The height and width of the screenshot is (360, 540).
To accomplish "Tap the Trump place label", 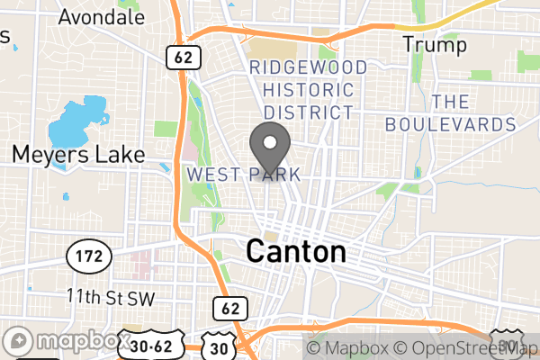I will (x=435, y=44).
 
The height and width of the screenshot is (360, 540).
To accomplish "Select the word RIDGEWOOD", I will (x=309, y=67).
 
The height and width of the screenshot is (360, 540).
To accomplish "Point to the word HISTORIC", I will (x=309, y=90).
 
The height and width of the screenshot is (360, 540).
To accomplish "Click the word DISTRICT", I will (x=309, y=112).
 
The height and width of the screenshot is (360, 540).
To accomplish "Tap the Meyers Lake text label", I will (x=78, y=155).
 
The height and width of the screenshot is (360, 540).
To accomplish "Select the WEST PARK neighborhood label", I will (x=243, y=173).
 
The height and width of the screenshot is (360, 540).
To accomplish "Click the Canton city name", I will (x=296, y=251).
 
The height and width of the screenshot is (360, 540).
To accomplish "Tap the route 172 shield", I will (x=89, y=257).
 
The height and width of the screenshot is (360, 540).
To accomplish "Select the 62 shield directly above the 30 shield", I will (x=229, y=309).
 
